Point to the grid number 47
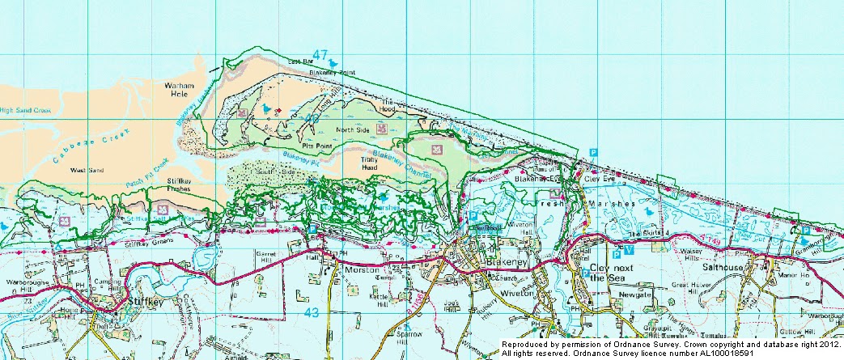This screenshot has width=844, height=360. coord(320,57)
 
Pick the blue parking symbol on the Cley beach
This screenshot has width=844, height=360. coord(593,152)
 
